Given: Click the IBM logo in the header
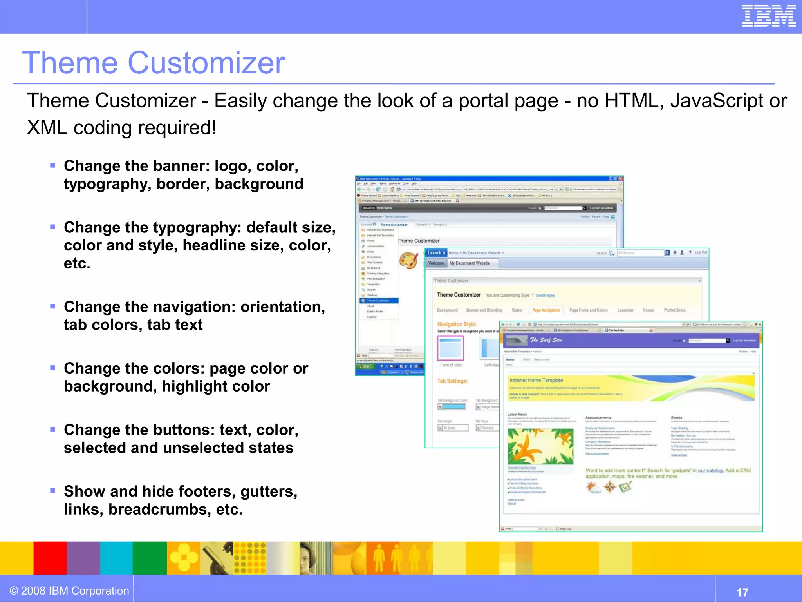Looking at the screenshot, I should [768, 16].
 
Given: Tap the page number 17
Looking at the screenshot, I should [742, 592].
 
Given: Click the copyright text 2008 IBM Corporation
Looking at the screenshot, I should [70, 591].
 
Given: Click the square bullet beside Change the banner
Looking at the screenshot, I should [53, 165].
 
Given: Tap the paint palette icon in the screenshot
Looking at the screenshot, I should [408, 261].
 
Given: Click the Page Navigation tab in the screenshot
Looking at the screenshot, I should [546, 310].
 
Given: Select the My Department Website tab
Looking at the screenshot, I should [470, 263].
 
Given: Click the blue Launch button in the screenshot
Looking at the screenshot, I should [436, 253].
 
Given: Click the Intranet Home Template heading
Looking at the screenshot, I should [536, 380].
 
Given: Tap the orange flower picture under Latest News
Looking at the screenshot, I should [540, 446].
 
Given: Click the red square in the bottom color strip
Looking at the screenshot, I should [50, 558].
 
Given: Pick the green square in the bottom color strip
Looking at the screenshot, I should [150, 558].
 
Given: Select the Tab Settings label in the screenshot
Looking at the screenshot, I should [452, 381].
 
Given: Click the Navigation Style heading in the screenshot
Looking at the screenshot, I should [457, 324].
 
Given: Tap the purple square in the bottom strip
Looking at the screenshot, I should [83, 558].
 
